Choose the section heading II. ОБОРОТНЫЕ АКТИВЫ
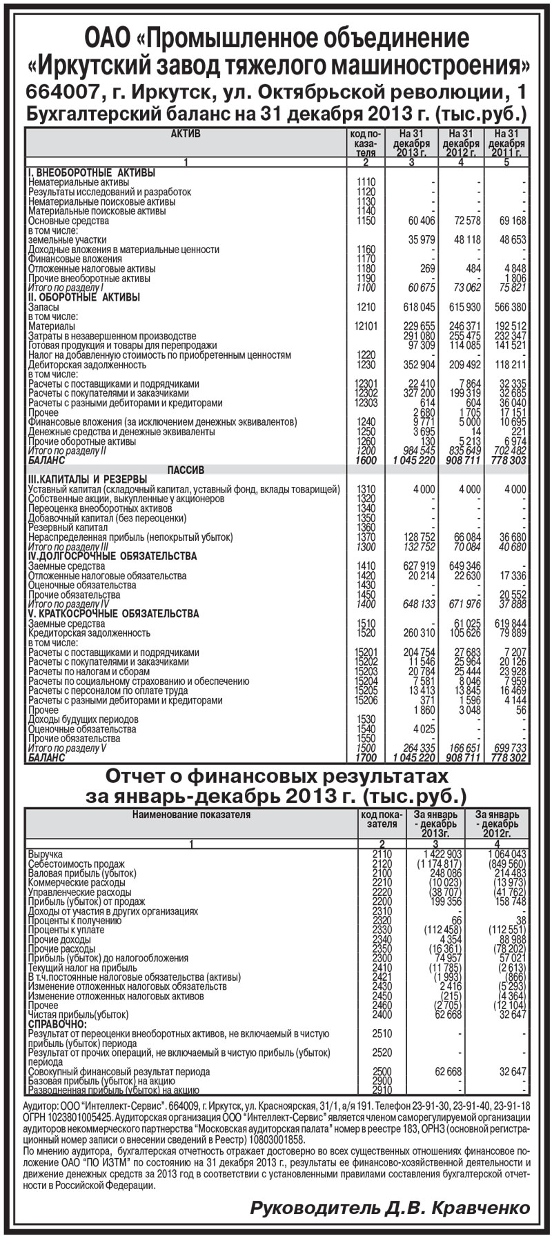point(83,297)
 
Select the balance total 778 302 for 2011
point(508,757)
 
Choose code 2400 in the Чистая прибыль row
point(381,1015)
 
